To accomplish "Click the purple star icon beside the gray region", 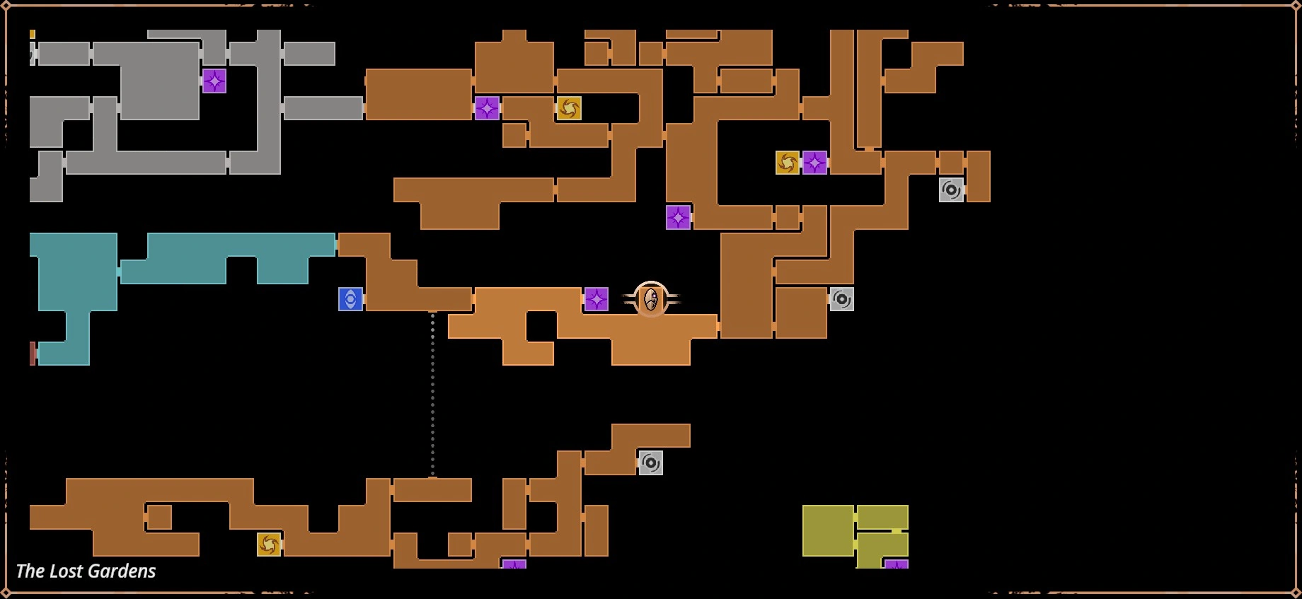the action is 214,81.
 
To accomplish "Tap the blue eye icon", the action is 350,299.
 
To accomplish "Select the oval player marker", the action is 651,299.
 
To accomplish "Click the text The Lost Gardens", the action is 86,571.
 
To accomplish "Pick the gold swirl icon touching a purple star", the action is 788,163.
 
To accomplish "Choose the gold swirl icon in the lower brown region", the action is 269,544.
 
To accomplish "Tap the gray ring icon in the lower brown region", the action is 651,463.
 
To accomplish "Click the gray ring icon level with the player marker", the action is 841,299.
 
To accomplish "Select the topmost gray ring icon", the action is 952,190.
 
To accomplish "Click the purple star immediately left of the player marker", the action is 597,299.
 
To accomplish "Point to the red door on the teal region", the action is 33,354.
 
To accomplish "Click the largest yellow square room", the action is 828,530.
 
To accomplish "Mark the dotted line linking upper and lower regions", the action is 432,395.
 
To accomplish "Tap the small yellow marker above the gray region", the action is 33,34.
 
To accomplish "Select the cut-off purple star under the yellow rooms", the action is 897,564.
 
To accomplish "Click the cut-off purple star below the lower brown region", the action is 514,564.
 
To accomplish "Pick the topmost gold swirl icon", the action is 569,108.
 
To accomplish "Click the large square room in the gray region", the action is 160,81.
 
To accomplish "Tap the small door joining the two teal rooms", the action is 119,272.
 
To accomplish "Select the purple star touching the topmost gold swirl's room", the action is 487,108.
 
